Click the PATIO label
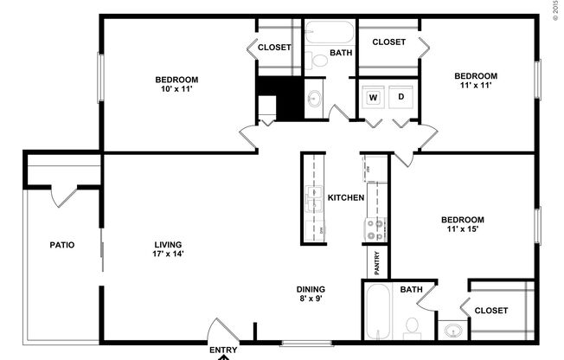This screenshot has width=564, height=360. tap(61, 245)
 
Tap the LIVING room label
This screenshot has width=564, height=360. tap(168, 243)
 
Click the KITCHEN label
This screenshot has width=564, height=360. tap(346, 198)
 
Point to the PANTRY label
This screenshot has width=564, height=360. tap(377, 261)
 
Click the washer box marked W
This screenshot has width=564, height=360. tap(374, 97)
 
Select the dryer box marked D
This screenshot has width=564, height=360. tap(401, 97)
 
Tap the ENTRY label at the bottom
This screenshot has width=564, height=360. tap(223, 350)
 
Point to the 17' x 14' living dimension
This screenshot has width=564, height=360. tap(168, 254)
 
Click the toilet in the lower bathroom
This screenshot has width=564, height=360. tap(412, 326)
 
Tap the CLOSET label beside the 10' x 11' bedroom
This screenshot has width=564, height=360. tap(275, 48)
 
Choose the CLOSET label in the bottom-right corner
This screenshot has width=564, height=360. tap(491, 310)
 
